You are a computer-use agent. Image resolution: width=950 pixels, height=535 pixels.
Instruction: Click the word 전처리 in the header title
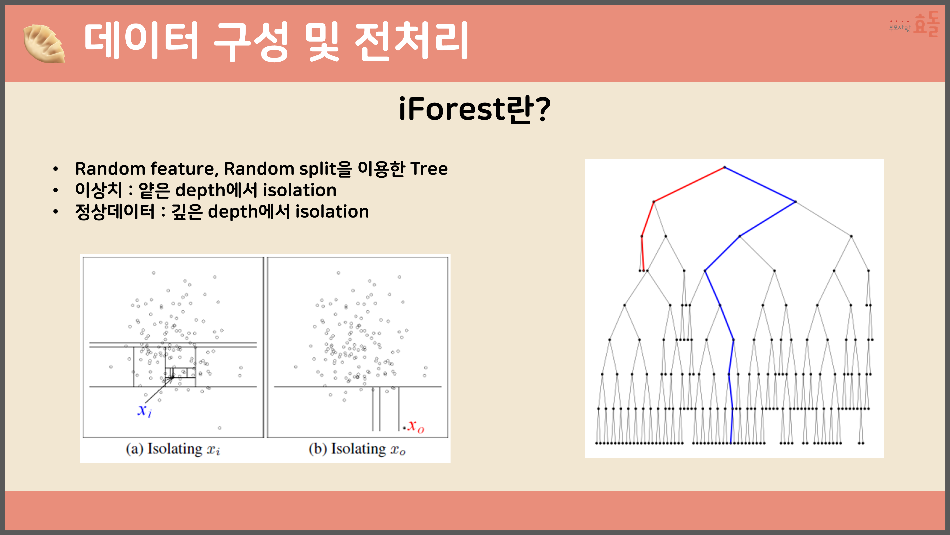(x=412, y=41)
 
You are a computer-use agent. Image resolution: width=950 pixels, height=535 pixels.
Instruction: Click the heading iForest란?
(x=475, y=109)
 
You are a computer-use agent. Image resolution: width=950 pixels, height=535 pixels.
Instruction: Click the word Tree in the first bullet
(x=429, y=169)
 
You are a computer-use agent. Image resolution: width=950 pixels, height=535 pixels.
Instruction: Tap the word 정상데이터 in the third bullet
(x=115, y=212)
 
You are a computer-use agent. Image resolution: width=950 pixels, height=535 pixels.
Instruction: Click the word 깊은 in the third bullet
(x=187, y=212)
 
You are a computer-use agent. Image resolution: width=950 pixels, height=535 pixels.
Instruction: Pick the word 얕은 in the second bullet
(x=154, y=190)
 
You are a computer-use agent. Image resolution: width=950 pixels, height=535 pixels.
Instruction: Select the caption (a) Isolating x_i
(x=173, y=449)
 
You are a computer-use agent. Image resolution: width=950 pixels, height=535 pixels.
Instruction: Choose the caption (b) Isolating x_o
(x=357, y=449)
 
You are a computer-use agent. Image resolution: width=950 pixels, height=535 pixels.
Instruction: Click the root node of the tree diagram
(x=725, y=167)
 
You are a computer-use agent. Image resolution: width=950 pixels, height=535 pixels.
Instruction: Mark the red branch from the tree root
(x=689, y=185)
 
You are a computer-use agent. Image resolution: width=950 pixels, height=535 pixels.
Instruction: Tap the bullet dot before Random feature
(x=55, y=169)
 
